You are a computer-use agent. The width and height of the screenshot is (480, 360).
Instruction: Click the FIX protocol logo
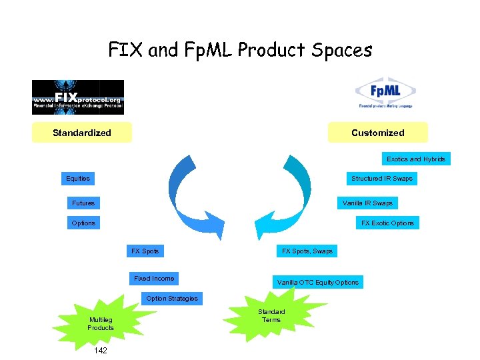[78, 97]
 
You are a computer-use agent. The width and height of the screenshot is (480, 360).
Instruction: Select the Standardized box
[82, 133]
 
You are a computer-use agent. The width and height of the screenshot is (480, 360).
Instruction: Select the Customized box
[377, 133]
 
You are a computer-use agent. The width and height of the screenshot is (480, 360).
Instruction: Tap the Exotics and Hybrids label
[416, 159]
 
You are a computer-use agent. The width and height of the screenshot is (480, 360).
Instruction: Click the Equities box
[78, 179]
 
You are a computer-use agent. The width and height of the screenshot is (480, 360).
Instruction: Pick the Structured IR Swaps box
[382, 179]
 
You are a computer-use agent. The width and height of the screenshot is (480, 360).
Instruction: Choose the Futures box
[83, 203]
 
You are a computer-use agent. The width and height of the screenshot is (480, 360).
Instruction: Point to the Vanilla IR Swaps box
[367, 203]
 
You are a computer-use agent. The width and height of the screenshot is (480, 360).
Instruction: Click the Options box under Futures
[83, 223]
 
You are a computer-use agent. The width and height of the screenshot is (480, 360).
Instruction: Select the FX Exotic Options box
[387, 223]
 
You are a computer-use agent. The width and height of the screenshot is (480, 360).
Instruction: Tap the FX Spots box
[145, 251]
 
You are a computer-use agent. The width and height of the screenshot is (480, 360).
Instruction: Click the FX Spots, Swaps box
[307, 251]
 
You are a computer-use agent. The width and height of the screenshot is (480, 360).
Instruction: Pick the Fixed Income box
[154, 279]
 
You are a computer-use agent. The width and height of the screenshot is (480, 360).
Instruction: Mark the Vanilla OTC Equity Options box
[318, 283]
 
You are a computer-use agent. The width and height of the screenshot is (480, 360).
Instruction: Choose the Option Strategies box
[172, 298]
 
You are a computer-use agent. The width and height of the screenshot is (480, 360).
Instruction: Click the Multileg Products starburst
[101, 324]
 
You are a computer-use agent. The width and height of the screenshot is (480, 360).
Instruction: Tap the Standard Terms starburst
[271, 316]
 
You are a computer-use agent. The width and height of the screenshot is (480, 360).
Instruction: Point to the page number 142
[101, 350]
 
